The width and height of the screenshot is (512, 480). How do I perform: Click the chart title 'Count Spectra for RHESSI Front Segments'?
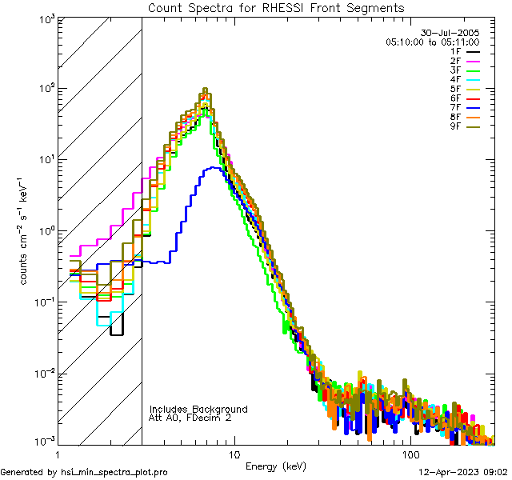[276, 8]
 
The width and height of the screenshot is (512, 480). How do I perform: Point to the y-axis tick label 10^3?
[43, 18]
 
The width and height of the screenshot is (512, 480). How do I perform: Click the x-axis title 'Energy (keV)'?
[275, 466]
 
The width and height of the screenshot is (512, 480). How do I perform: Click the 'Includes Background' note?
[198, 410]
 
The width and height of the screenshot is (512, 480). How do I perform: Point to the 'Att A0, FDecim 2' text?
[191, 418]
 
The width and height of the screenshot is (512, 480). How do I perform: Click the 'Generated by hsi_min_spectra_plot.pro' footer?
[84, 473]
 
